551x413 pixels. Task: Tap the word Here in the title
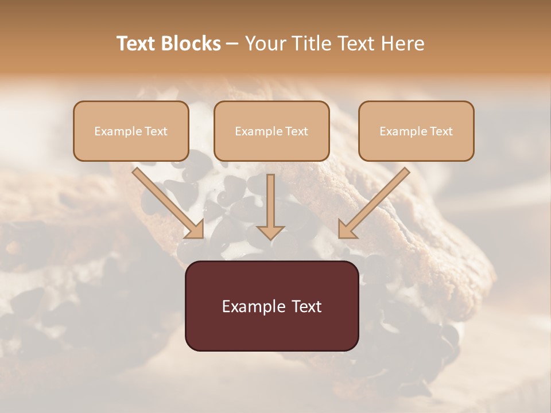click(402, 44)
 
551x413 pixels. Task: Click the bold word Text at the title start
click(138, 44)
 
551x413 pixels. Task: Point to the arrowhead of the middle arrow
click(270, 231)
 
